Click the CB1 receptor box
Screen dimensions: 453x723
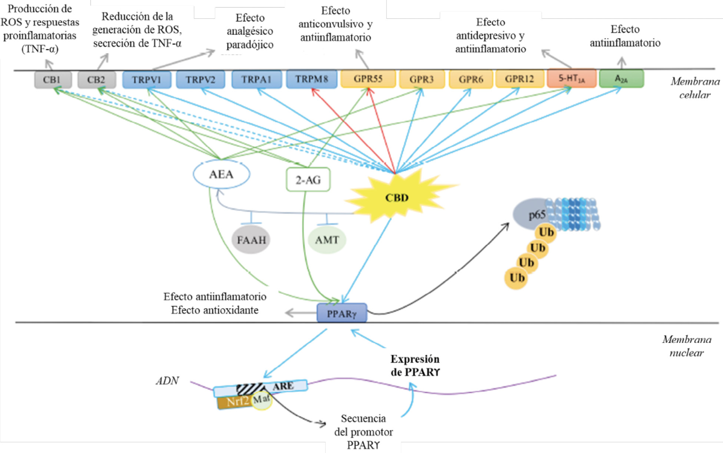click(x=53, y=80)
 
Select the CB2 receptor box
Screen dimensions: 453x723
click(x=96, y=80)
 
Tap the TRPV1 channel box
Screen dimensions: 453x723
click(x=147, y=80)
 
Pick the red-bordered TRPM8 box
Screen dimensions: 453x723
click(x=312, y=79)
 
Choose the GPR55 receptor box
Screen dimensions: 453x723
click(x=368, y=79)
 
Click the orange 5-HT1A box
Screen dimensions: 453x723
click(x=571, y=78)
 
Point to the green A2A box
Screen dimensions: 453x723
click(x=621, y=79)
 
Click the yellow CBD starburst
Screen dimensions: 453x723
click(x=397, y=197)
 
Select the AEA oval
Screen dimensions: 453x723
click(x=221, y=174)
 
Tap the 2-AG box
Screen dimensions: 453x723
click(x=308, y=180)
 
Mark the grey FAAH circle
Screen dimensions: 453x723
click(x=251, y=240)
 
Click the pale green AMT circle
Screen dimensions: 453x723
click(x=327, y=240)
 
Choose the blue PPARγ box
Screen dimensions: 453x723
click(x=342, y=313)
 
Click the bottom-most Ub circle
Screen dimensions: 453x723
click(x=516, y=278)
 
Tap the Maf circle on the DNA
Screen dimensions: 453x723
click(x=262, y=400)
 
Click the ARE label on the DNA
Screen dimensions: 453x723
click(x=283, y=386)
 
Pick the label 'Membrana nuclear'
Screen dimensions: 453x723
click(x=687, y=346)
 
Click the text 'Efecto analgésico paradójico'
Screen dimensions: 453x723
click(x=250, y=31)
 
